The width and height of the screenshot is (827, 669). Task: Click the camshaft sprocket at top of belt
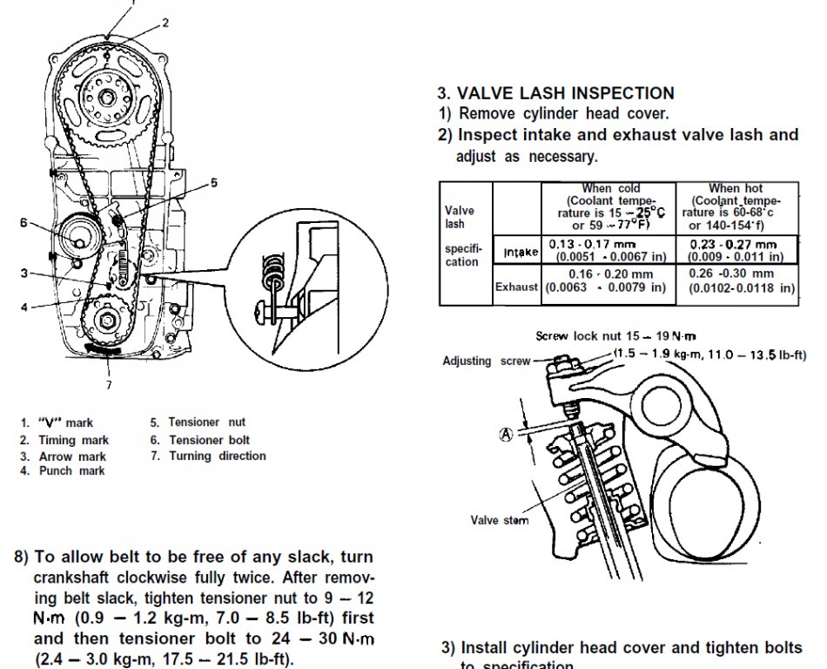(108, 98)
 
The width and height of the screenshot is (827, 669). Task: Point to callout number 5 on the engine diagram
(213, 183)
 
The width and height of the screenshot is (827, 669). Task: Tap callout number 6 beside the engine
(24, 222)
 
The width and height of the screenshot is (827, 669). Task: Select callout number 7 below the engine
(109, 384)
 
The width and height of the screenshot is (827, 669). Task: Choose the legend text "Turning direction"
(217, 456)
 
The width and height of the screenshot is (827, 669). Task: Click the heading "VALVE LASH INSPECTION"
(566, 93)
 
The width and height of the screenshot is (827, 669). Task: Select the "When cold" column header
(610, 188)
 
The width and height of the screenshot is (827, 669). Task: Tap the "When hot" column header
(736, 188)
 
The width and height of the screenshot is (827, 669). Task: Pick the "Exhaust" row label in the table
(517, 287)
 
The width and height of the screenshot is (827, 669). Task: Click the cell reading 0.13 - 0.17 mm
(593, 246)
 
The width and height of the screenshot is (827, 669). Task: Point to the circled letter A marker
(505, 435)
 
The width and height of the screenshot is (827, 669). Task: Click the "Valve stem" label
(499, 520)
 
